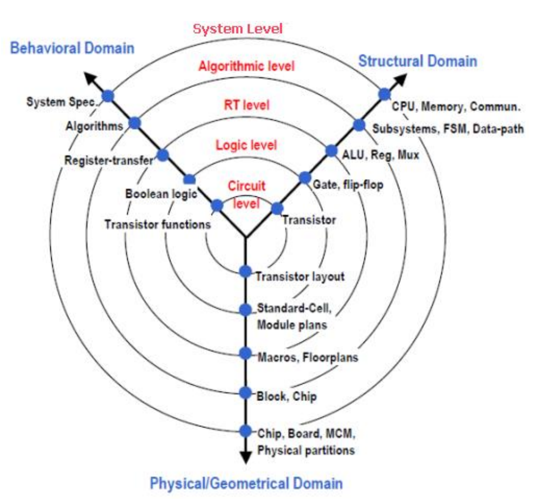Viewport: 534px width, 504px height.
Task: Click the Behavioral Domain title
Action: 73,48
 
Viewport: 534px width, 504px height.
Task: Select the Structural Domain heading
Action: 417,61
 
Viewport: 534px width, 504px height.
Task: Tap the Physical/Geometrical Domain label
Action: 246,484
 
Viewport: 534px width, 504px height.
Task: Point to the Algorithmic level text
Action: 246,67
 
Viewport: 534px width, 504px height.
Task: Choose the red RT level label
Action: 246,105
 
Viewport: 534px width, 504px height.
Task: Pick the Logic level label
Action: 246,144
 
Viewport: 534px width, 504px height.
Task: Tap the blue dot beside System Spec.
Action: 108,96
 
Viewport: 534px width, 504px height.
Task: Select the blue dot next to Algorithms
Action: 134,123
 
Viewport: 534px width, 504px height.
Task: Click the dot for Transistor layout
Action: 245,272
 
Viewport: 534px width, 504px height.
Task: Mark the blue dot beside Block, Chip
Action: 245,393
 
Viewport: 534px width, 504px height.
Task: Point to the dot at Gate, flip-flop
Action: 305,178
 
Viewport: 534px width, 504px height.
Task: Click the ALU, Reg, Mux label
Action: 381,155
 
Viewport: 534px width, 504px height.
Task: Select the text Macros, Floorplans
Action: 308,356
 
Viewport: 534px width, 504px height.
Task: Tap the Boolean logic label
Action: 154,192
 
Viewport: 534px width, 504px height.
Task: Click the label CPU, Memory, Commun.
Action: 456,107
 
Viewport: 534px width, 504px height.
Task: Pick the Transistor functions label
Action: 158,225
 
